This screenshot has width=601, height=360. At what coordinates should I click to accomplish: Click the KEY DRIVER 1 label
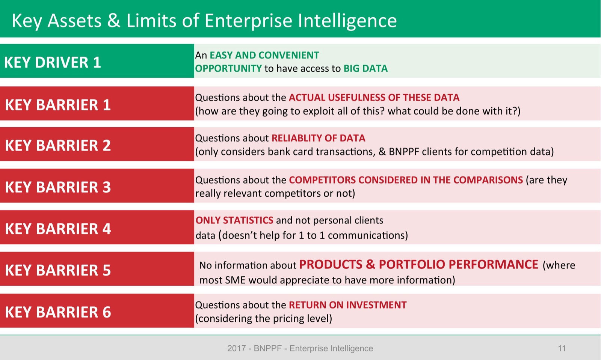(x=53, y=62)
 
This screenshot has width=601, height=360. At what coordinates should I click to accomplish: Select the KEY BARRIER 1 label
(x=58, y=105)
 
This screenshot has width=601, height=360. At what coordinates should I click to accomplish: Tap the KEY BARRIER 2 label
(x=58, y=146)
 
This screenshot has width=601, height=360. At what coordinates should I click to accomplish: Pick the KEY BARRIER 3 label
(x=58, y=187)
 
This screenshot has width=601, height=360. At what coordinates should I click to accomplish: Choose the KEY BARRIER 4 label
(x=58, y=229)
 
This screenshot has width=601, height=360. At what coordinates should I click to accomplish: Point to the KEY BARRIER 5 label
(x=58, y=270)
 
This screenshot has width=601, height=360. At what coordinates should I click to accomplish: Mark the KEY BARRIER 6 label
(x=58, y=312)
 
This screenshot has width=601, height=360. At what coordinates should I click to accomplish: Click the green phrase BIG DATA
(x=365, y=69)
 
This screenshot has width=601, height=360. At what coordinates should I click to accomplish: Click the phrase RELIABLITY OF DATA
(x=318, y=138)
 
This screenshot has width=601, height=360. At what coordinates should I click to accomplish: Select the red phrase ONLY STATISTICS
(x=234, y=220)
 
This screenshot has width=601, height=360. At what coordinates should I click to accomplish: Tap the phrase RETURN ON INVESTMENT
(x=347, y=305)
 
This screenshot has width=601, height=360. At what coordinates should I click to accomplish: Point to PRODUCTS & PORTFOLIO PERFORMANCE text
(x=418, y=265)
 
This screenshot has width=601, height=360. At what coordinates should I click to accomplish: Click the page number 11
(x=562, y=348)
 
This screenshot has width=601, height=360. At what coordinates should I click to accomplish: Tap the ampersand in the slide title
(x=114, y=21)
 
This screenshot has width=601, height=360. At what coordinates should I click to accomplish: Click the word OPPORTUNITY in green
(x=228, y=69)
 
